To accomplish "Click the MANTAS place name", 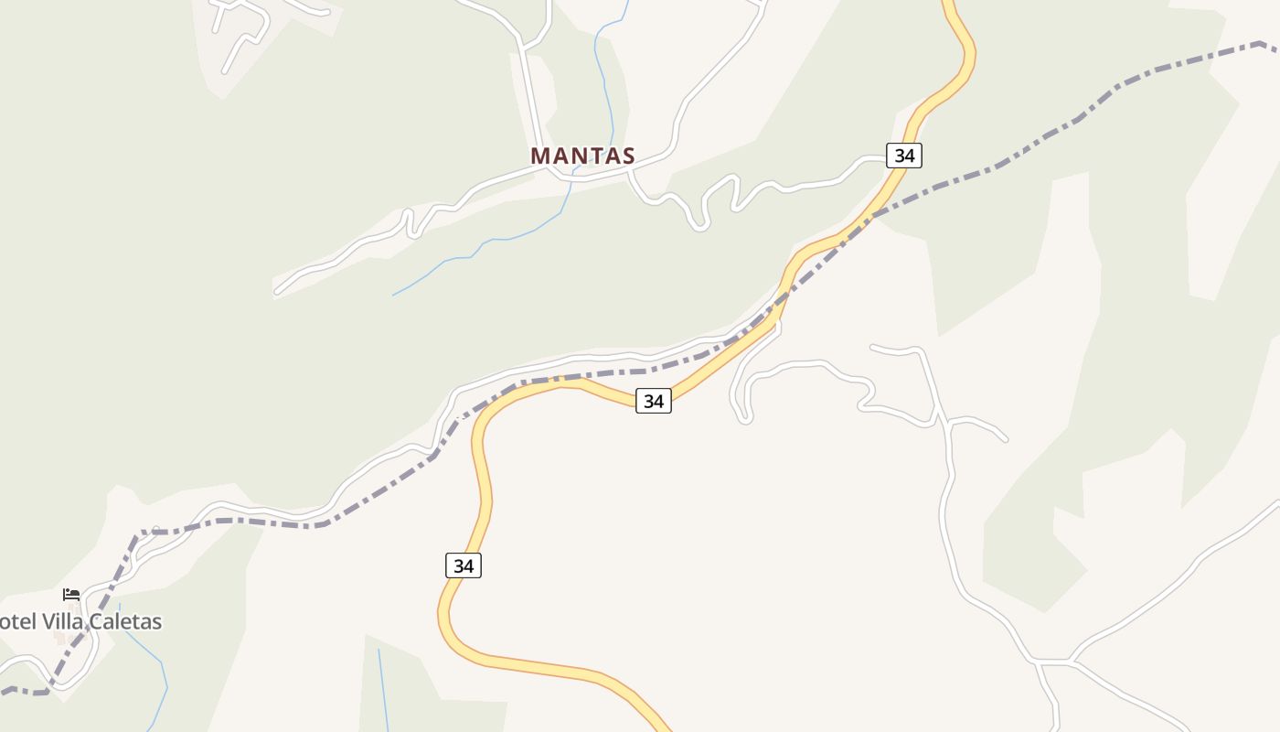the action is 582,156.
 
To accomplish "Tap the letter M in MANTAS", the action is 540,156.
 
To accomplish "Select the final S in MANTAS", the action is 626,156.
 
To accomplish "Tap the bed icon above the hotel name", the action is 71,595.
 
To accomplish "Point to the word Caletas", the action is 124,622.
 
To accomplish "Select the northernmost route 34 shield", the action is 904,156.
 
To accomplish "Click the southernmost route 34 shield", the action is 464,565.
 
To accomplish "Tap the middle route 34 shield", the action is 654,401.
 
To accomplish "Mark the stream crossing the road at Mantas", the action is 572,178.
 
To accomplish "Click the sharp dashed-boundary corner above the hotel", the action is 139,533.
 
